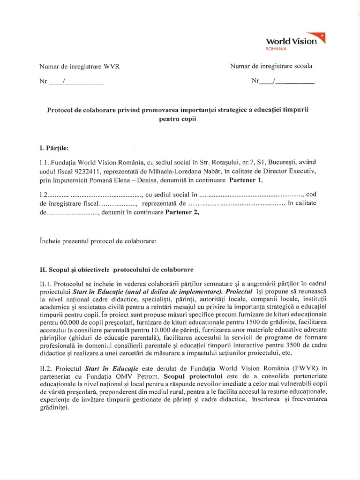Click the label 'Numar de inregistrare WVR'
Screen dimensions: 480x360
(x=80, y=66)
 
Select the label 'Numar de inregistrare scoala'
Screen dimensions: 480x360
(x=271, y=66)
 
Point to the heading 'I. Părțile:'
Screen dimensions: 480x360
(x=54, y=149)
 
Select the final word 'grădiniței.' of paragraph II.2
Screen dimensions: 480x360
(x=54, y=407)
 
